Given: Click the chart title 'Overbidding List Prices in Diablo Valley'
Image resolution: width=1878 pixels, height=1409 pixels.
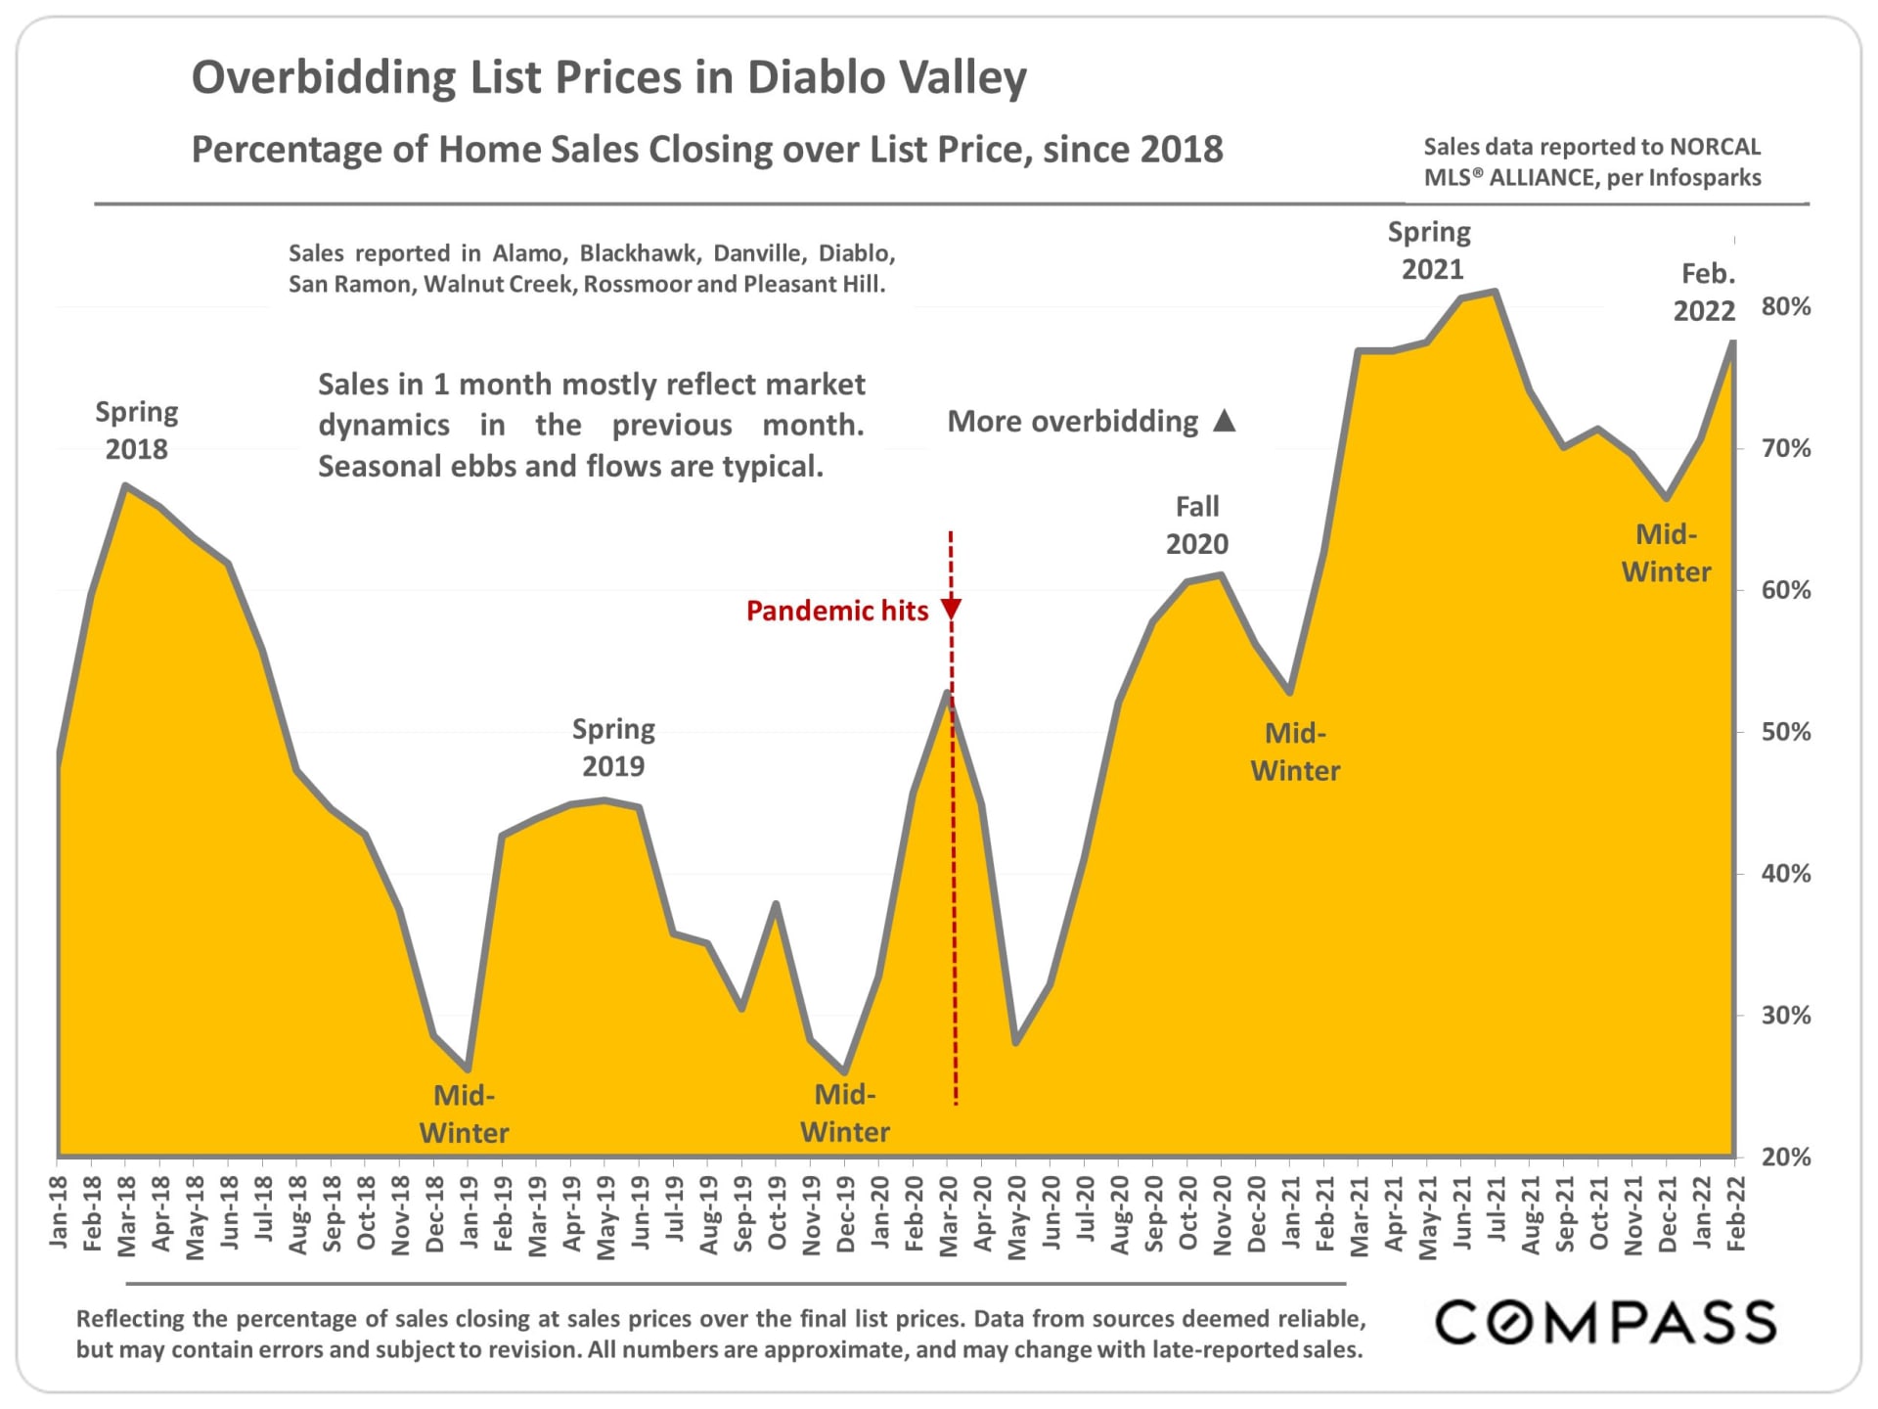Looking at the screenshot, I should [608, 78].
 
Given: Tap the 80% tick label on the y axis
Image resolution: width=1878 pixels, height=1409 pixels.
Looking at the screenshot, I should [1785, 307].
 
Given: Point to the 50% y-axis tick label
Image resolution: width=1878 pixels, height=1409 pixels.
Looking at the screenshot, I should [1785, 732].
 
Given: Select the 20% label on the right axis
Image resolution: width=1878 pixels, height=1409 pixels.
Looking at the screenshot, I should [1785, 1158].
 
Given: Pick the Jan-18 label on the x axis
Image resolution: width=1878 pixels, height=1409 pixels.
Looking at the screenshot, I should [59, 1213].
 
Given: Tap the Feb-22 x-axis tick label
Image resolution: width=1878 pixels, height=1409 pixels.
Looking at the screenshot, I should [1736, 1214].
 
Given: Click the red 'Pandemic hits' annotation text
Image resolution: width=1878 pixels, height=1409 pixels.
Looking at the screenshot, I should [836, 612].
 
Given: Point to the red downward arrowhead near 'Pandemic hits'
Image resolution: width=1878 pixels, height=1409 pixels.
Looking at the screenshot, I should [951, 610].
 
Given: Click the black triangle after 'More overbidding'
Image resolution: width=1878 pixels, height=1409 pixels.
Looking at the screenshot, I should [1224, 422].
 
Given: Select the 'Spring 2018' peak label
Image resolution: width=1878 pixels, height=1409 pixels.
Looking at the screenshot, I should [136, 431].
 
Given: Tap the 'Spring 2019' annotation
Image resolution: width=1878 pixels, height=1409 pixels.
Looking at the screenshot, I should [613, 748].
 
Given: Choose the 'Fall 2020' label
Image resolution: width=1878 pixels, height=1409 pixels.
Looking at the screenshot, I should [1196, 525].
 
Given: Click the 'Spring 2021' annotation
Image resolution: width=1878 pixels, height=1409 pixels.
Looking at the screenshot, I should [1430, 250].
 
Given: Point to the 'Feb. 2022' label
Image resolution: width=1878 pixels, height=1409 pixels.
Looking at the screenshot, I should [1705, 292].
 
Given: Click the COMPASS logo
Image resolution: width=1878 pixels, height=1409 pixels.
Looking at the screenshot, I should [1605, 1322].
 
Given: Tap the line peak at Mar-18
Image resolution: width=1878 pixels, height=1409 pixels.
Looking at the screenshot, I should [125, 485].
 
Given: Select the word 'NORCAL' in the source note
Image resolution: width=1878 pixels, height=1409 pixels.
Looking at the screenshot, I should [1715, 147].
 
